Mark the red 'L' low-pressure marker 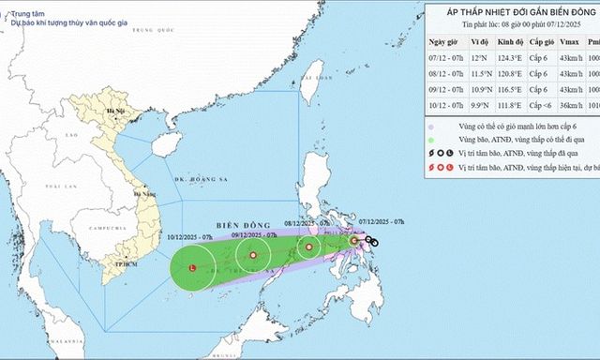[192, 269]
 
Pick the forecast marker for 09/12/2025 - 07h [251, 255]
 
